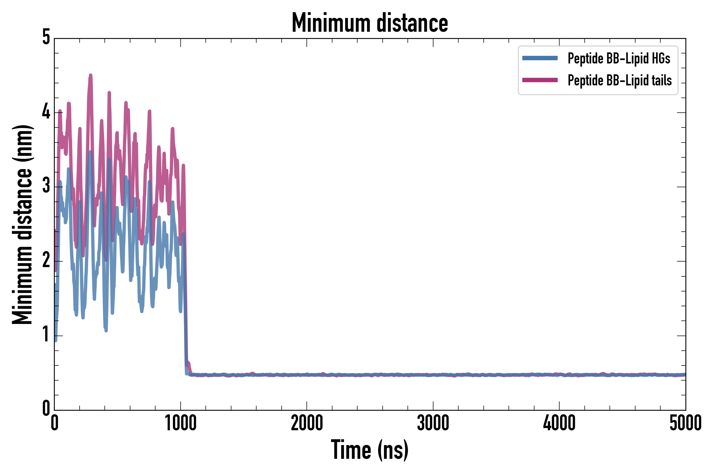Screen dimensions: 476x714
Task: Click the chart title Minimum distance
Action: pyautogui.click(x=369, y=23)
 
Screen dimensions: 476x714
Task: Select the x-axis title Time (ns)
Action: pyautogui.click(x=369, y=450)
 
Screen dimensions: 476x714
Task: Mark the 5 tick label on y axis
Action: pyautogui.click(x=46, y=37)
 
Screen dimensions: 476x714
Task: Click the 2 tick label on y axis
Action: pyautogui.click(x=46, y=261)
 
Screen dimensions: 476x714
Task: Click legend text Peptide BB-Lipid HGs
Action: pyautogui.click(x=619, y=58)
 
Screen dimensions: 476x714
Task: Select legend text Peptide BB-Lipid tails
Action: pyautogui.click(x=620, y=80)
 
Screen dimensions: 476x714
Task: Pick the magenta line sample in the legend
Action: pyautogui.click(x=540, y=80)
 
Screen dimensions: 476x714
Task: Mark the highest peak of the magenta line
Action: pyautogui.click(x=90, y=75)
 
